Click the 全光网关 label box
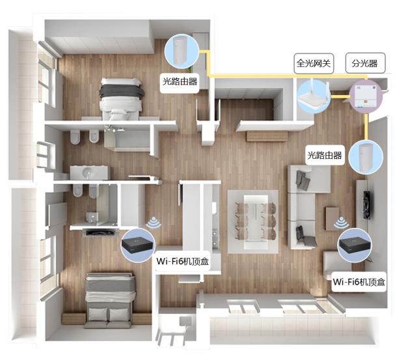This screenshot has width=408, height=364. (314, 63)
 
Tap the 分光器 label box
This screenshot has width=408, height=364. (365, 63)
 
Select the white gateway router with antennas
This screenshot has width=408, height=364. (314, 96)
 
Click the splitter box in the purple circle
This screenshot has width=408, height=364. (364, 96)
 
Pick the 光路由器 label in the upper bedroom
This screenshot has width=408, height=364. (180, 82)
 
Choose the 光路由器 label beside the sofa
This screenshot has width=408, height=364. (324, 156)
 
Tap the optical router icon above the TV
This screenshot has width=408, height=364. (366, 158)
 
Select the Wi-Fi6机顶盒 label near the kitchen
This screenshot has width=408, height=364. (183, 261)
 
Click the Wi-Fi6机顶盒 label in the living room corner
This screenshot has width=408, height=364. (359, 282)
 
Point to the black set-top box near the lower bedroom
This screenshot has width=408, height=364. (138, 245)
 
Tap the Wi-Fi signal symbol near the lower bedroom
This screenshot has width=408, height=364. (154, 222)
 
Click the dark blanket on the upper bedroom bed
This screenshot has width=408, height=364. (122, 91)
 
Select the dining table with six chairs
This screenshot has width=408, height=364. (253, 221)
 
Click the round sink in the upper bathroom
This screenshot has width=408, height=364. (89, 172)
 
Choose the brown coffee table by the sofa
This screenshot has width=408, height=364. (333, 218)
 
